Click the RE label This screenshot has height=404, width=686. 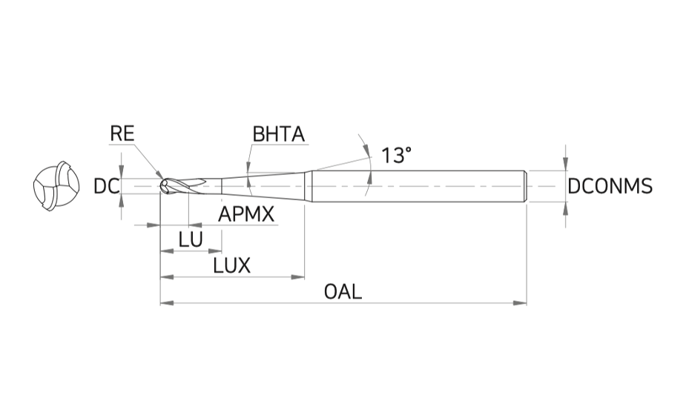coord(122,133)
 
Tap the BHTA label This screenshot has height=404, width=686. coord(279,134)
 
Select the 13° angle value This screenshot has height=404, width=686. coord(396,155)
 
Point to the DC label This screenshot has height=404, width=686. coord(106,187)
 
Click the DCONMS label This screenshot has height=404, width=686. coord(610,186)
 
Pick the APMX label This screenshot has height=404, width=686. coord(246,214)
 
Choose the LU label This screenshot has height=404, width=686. coord(191,239)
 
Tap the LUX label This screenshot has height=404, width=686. coord(232,265)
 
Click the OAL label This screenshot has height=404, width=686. coord(343,291)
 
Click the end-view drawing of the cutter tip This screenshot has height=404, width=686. coord(56,186)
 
